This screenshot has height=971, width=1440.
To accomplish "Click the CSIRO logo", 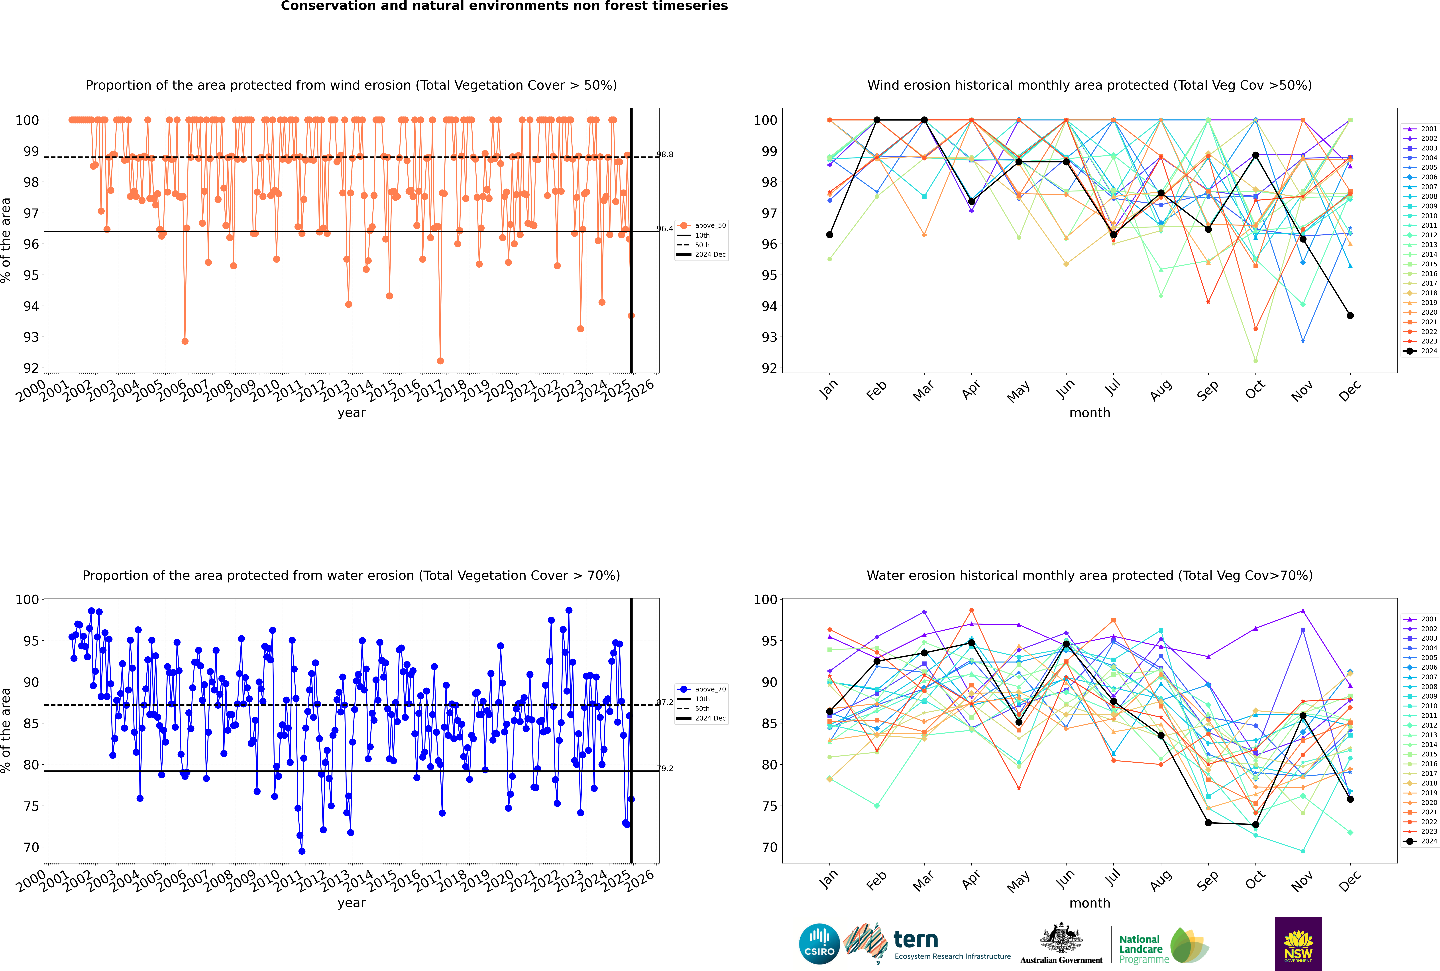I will (x=819, y=944).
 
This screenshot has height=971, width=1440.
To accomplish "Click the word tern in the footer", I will (x=916, y=939).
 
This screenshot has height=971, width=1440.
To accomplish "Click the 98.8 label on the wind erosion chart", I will (x=665, y=154).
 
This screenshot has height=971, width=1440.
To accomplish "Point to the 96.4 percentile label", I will (x=665, y=229).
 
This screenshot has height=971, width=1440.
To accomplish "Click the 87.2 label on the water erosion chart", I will (x=665, y=702).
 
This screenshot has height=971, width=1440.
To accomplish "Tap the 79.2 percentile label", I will (x=665, y=768).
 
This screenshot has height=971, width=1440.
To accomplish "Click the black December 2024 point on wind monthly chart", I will (x=1350, y=316).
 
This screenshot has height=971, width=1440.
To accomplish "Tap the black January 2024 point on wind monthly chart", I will (x=830, y=235).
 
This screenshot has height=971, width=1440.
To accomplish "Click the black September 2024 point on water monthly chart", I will (x=1208, y=823).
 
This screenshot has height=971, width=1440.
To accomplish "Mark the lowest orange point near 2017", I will (x=440, y=361).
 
